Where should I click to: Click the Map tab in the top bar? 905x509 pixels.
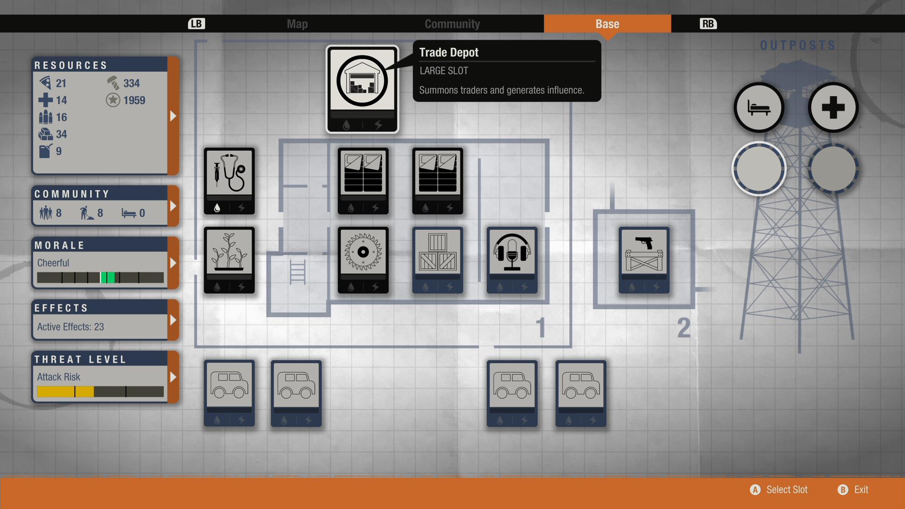[x=297, y=24]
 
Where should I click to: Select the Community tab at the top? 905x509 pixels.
[x=452, y=24]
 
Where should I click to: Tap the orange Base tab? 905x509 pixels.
[x=607, y=24]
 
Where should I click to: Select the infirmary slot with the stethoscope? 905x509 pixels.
[x=229, y=174]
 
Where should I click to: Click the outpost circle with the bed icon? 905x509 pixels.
[x=758, y=107]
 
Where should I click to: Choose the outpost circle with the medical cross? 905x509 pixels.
[x=833, y=107]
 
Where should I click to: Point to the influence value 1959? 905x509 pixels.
[x=134, y=100]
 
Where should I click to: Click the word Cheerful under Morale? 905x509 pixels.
[x=53, y=263]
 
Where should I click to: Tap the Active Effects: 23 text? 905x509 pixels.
[x=71, y=327]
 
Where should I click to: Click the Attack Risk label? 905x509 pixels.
[x=59, y=377]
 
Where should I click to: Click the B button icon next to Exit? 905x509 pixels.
[x=843, y=490]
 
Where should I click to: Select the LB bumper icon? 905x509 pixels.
[x=196, y=24]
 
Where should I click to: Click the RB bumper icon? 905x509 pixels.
[x=708, y=24]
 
